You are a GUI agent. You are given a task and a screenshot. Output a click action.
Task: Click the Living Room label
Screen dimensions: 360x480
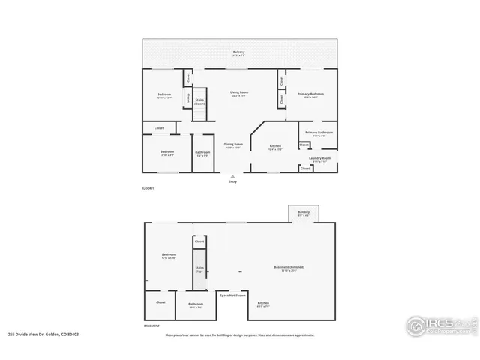[239, 94]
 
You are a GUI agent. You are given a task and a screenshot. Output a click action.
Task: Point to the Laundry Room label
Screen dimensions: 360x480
[322, 160]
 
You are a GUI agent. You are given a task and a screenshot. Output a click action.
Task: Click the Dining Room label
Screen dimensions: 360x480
[233, 146]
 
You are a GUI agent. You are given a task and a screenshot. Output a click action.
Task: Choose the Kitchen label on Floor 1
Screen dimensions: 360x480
[275, 148]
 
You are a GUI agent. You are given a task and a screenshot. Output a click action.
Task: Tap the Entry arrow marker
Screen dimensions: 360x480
[232, 176]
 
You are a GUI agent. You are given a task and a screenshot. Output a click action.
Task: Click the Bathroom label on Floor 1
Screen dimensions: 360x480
[202, 154]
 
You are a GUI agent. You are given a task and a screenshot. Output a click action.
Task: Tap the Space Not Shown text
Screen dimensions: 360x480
[229, 295]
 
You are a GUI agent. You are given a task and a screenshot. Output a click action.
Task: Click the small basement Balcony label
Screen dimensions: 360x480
[304, 214]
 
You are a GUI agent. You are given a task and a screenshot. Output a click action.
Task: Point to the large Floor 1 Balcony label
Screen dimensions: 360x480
[238, 53]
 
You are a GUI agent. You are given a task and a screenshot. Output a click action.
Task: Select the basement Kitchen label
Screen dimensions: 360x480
[263, 304]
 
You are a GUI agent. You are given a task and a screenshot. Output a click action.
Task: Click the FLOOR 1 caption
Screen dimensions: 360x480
[148, 188]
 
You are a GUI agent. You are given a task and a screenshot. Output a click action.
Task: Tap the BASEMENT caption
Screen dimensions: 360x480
[151, 326]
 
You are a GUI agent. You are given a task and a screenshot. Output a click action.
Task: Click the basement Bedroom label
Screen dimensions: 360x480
[168, 256]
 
